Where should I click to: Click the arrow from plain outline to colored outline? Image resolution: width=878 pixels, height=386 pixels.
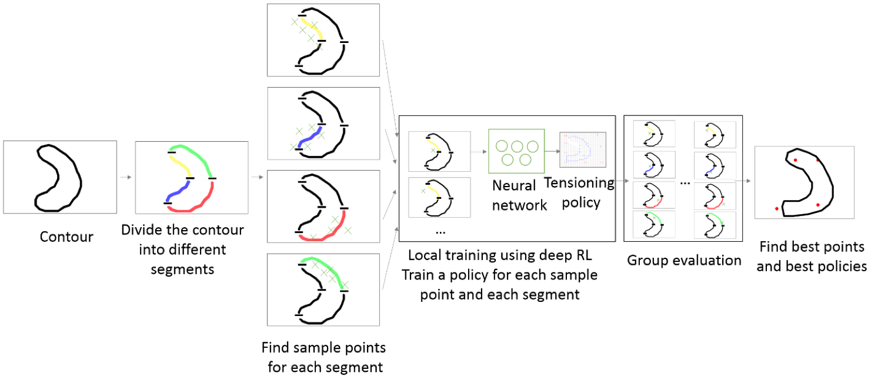point(126,177)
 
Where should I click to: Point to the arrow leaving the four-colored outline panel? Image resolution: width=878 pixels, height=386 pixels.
point(257,177)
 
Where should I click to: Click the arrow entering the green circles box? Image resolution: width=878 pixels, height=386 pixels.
point(480,152)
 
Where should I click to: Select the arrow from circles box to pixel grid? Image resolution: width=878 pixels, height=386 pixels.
point(552,151)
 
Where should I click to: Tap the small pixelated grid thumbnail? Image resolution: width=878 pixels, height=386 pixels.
point(582,150)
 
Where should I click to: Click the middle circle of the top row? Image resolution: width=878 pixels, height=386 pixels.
point(517,147)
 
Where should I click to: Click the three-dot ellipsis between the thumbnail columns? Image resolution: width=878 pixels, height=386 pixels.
point(685,184)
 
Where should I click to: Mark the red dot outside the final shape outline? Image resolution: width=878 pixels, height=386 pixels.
point(777,208)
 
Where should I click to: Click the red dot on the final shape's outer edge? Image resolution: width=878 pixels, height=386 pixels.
point(817,159)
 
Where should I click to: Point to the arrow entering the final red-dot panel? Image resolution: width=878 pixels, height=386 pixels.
point(745,181)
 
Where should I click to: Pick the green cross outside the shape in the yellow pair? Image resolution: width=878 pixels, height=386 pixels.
point(423,191)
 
